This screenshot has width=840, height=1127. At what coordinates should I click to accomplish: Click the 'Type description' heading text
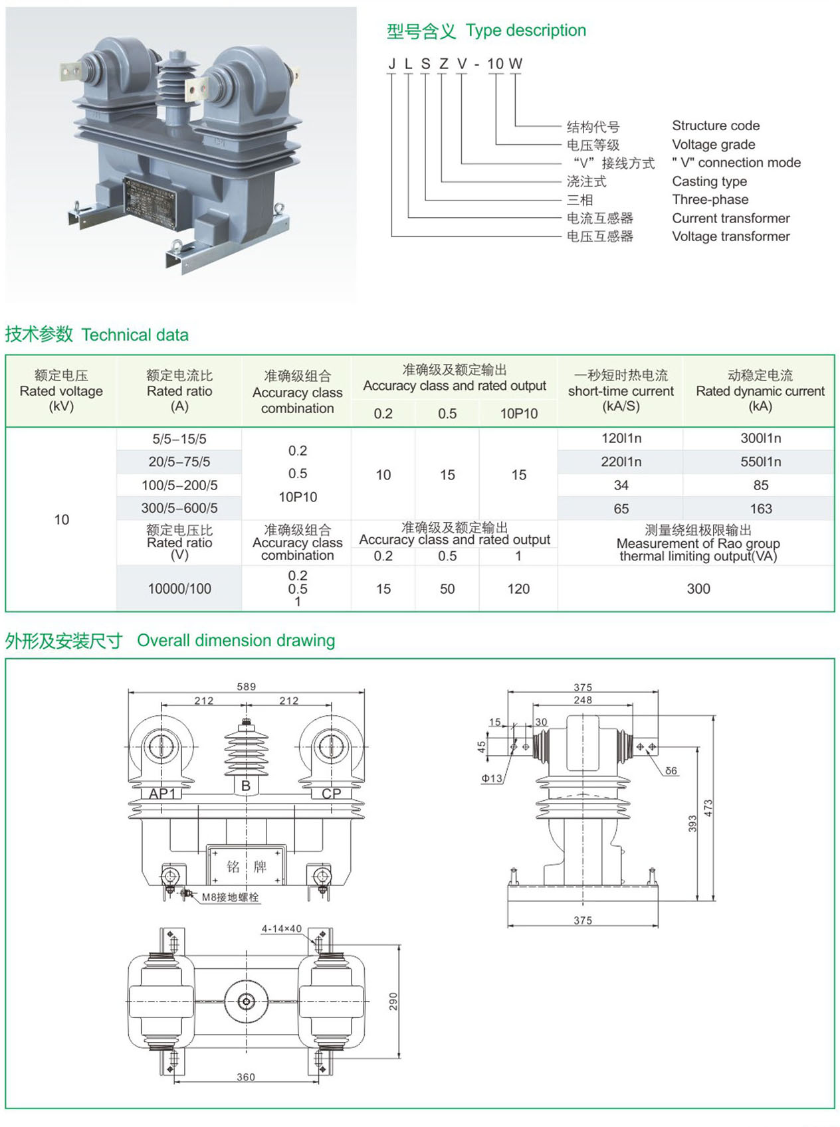point(526,31)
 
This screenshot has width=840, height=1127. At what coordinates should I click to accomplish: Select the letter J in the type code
point(391,64)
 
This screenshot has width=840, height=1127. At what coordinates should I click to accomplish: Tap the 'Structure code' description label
point(716,126)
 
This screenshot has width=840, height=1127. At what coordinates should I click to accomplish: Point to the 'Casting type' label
point(709,181)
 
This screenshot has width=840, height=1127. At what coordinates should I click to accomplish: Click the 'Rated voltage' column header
point(61,390)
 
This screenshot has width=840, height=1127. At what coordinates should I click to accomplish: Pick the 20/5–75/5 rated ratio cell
point(179,462)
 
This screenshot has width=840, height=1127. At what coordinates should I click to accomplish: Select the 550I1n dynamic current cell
point(761,462)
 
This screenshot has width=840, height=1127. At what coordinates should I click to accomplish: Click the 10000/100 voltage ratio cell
point(179,589)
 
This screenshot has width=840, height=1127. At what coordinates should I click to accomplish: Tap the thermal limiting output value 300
point(698,589)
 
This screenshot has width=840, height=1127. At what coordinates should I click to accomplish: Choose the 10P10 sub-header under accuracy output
point(518,414)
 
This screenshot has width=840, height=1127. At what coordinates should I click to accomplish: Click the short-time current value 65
point(621,509)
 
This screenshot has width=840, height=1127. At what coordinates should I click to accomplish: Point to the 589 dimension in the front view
point(246,687)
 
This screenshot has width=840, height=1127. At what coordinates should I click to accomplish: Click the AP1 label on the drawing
point(162,794)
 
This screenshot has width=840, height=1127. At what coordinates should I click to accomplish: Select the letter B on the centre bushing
point(246,786)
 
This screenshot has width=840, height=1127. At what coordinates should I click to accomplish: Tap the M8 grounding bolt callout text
point(230,897)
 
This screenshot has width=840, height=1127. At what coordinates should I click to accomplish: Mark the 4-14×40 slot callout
point(281,929)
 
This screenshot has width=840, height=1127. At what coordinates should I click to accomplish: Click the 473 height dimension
point(708,808)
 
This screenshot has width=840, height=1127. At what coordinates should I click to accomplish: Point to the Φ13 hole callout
point(492,778)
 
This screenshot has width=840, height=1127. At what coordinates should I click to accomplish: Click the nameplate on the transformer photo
point(150,198)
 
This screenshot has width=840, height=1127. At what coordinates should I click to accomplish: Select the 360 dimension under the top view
point(246,1077)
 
